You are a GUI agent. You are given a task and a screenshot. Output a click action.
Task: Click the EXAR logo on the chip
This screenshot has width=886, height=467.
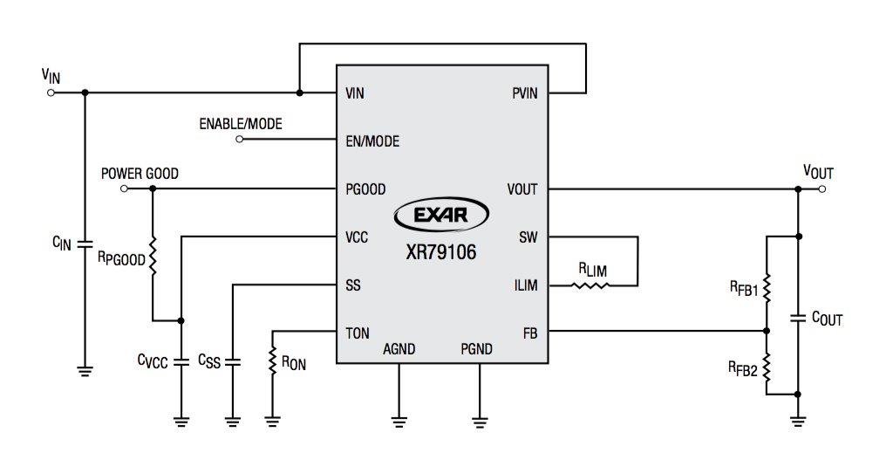coord(441,215)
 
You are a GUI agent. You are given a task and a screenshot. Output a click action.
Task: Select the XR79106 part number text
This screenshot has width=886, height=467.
coord(441,252)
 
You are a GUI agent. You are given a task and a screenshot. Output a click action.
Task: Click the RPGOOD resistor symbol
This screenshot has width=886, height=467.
coord(152,258)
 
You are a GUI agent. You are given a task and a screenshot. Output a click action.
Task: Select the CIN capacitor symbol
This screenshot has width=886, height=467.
coord(85,244)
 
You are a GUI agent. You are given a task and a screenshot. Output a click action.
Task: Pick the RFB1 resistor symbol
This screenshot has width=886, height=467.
coord(767,286)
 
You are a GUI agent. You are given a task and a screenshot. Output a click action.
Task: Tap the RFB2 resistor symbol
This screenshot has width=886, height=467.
coord(767,368)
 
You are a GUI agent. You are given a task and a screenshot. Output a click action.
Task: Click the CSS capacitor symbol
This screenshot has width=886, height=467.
coord(233,360)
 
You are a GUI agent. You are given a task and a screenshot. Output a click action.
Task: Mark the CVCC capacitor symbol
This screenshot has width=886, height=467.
coord(181,360)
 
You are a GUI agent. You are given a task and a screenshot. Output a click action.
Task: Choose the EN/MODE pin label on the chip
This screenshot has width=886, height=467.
coord(372,141)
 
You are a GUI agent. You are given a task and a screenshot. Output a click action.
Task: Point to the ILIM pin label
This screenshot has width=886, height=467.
coord(526,285)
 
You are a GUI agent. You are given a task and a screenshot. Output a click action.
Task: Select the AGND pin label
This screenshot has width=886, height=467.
coord(399,349)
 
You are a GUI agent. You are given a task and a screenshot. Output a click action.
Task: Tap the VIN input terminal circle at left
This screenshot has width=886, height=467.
coord(50,93)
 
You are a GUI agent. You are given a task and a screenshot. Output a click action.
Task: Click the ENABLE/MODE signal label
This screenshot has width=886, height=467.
coord(241,125)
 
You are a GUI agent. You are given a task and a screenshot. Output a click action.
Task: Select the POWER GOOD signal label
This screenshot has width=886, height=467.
coord(140,174)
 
